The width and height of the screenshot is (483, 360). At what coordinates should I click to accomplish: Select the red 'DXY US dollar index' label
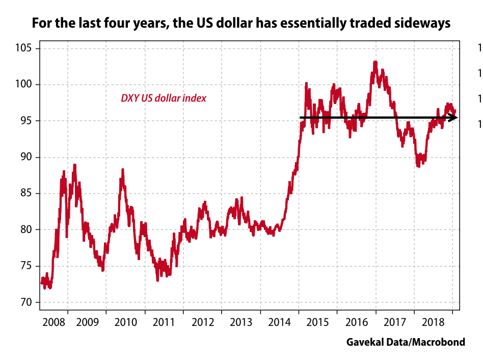pos(164,98)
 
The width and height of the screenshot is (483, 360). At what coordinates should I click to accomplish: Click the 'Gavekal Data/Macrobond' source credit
pos(406,342)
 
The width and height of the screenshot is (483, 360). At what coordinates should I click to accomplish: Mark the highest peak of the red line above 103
pos(375,62)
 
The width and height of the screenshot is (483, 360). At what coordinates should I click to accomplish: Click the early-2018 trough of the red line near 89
pos(418,166)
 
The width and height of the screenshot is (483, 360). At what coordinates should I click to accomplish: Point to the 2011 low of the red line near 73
pos(158,280)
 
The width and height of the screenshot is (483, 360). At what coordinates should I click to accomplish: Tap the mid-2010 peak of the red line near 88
pos(123,170)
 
